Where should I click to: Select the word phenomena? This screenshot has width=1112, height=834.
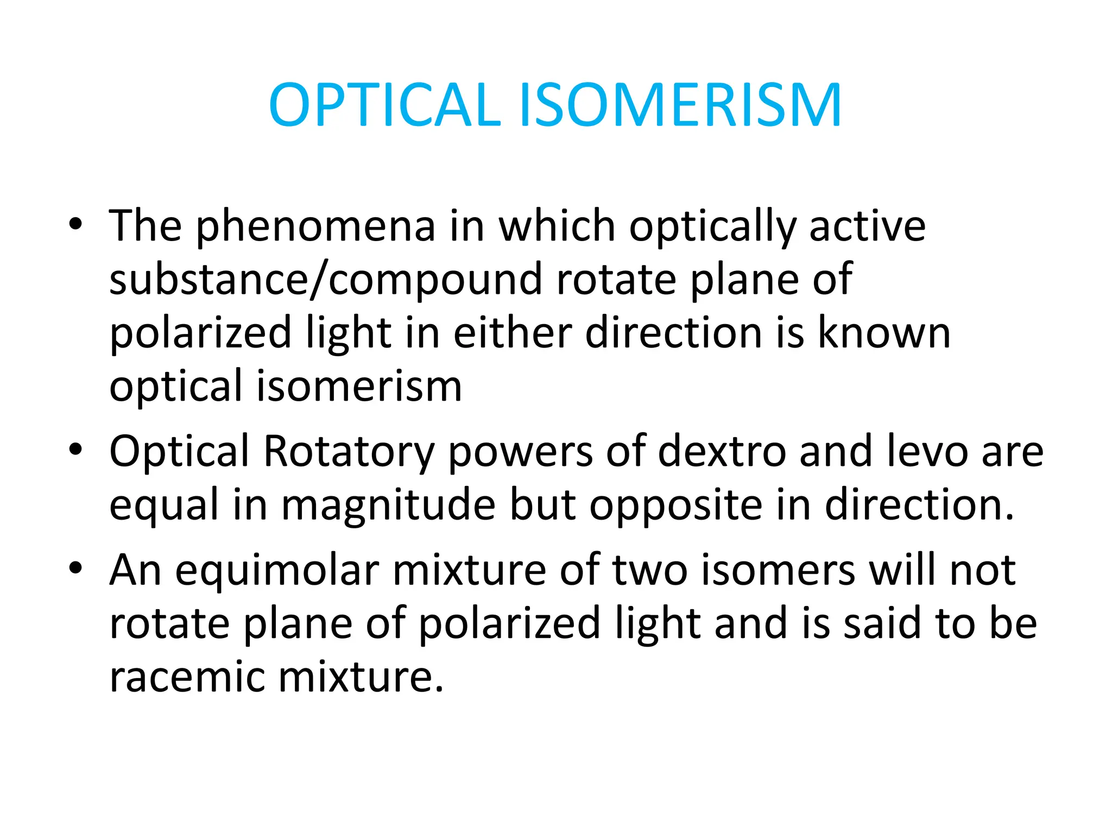tap(315, 226)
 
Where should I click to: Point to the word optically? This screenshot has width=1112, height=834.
tap(712, 226)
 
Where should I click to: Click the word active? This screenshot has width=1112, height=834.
tap(867, 226)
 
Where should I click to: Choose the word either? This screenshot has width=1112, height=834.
tap(513, 333)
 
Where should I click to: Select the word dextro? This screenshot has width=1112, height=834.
tap(722, 452)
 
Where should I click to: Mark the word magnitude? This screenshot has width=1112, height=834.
tap(388, 505)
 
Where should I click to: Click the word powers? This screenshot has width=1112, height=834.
tap(520, 452)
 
